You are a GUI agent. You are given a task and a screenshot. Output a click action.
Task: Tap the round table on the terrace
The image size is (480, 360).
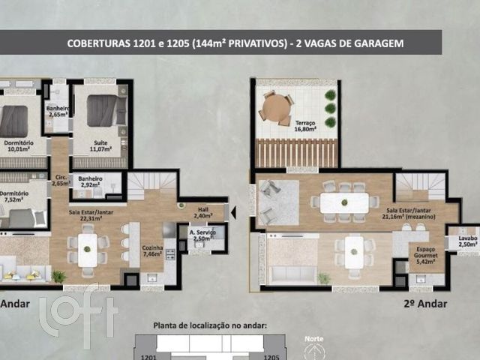pos(276,107)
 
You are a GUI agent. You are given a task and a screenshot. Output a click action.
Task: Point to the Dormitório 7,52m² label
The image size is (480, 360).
pos(15,196)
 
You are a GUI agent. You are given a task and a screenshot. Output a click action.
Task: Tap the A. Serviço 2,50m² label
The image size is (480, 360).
pos(202,235)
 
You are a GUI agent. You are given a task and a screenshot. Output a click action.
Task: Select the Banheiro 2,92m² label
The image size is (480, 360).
pos(91,181)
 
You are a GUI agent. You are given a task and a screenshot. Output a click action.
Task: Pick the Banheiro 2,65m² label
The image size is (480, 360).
pos(57,110)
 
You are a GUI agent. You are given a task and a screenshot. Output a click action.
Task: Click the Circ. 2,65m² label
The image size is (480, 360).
pos(59,180)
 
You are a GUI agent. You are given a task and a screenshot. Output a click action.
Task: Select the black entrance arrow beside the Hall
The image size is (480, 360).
pos(232,212)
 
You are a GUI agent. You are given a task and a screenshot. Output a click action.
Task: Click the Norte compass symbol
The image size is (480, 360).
pos(315,349)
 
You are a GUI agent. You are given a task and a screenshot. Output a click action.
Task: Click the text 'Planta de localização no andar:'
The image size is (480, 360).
pos(210,325)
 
